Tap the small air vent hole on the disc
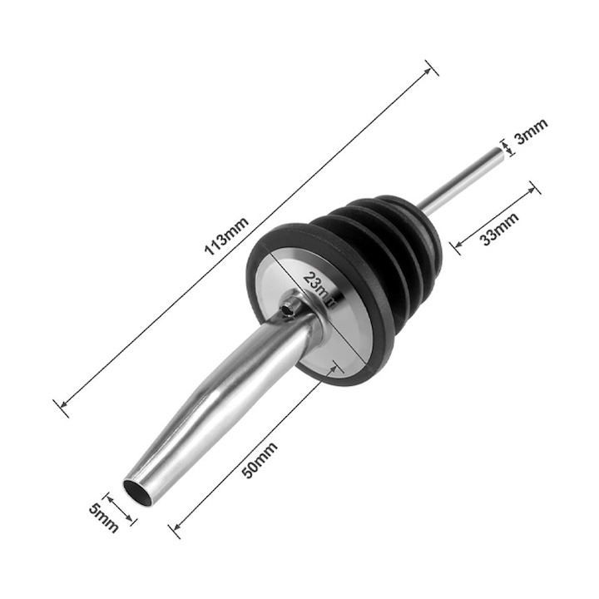coord(288,309)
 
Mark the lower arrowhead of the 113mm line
coord(61,407)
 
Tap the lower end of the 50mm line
coord(174,527)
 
